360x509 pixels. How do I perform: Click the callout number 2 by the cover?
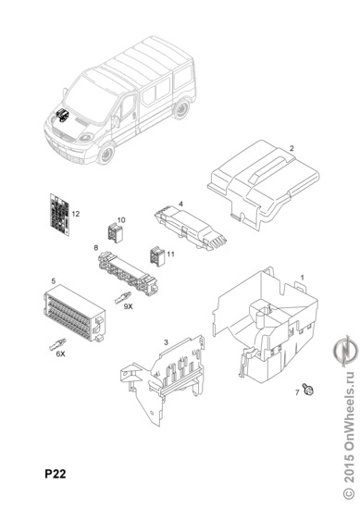tap(292, 148)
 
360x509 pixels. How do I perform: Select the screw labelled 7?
tap(307, 389)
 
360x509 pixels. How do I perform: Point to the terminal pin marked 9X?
tap(123, 298)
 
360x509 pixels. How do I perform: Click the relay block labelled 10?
tap(115, 233)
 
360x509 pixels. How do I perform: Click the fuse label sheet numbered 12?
tap(60, 216)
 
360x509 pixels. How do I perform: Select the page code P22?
tap(56, 474)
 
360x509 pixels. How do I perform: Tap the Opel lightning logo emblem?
tap(345, 352)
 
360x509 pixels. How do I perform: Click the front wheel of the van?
tap(106, 154)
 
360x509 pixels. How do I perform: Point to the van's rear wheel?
tap(181, 108)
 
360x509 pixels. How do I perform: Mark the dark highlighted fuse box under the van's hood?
tap(62, 115)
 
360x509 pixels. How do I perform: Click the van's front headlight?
tap(85, 137)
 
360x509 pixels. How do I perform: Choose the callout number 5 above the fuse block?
tap(54, 280)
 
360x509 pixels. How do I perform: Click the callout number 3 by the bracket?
tap(167, 342)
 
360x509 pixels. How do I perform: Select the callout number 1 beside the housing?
tap(303, 278)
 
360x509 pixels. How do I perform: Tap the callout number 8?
tap(95, 248)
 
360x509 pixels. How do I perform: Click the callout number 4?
tap(180, 204)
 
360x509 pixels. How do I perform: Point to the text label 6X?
tap(60, 354)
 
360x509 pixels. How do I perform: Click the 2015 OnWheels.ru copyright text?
tap(349, 436)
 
